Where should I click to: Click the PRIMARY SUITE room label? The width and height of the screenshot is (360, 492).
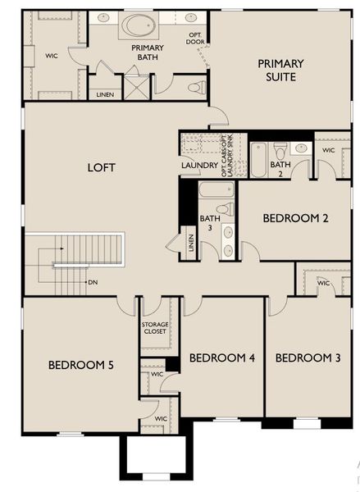coord(281,70)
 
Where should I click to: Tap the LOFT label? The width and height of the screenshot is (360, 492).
coord(101,167)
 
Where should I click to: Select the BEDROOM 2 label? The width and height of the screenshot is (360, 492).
coord(295,218)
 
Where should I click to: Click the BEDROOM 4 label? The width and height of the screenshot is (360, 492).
coord(222,358)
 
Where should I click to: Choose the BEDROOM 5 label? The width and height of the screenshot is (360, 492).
coord(80,364)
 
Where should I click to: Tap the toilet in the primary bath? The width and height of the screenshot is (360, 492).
coord(196,86)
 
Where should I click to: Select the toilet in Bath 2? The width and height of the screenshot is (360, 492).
coord(280,150)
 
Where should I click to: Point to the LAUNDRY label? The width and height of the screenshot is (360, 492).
coord(199,166)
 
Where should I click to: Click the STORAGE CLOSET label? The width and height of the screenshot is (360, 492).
coord(155,328)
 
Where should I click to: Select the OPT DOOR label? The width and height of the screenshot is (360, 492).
coord(194,38)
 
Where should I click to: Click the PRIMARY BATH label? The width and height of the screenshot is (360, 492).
coord(148,52)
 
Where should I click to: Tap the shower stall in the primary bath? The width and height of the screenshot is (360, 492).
coord(134,84)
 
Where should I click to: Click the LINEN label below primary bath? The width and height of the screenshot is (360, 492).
coord(104,95)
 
